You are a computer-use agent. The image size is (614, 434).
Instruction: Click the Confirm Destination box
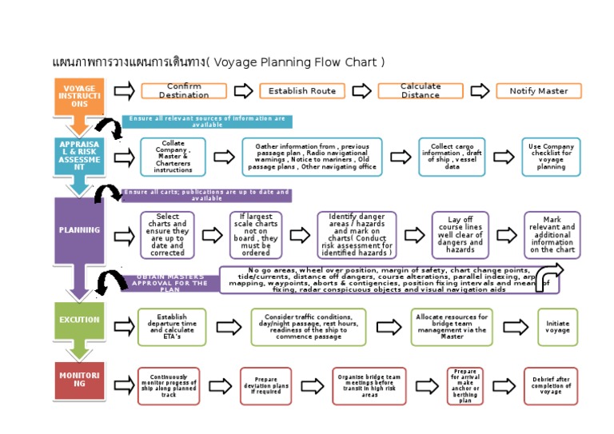coord(184,90)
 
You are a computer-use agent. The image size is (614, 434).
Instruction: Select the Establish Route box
coord(302,90)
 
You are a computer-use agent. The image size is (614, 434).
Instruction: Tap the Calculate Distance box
coord(421,90)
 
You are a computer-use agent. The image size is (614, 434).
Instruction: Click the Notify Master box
coord(539,90)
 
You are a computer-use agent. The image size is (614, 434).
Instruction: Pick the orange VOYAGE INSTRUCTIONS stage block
coord(79,97)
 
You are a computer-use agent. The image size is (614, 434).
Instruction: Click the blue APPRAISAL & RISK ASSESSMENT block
coord(79,156)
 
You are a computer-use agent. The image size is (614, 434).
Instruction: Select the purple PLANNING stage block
coord(79,231)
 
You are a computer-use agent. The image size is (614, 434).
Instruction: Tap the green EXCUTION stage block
coord(79,321)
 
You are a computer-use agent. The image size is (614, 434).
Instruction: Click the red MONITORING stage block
coord(79,380)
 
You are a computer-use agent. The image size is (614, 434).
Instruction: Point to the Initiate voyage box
coord(557,327)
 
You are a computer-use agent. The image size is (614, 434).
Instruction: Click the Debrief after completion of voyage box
coord(551,386)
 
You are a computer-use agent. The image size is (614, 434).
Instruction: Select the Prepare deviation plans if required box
coord(266,386)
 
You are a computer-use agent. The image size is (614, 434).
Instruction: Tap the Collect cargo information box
coord(452,157)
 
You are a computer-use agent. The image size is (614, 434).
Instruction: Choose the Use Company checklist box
coord(551,157)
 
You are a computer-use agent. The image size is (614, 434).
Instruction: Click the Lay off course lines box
coord(460,235)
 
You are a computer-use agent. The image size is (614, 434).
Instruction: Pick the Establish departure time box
coord(172,327)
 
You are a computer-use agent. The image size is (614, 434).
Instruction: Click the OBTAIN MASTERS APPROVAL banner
coord(169,283)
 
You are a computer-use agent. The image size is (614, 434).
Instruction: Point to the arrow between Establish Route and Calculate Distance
coord(361,90)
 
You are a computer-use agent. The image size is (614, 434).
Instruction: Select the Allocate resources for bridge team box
coord(452,327)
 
